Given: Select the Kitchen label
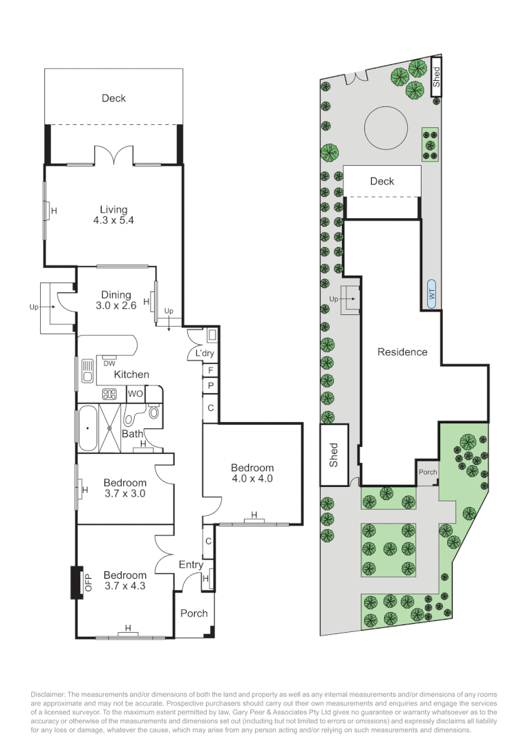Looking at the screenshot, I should pos(131,374).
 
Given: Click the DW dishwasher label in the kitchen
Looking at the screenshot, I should pos(109,363).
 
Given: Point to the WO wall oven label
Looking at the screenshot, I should pos(135,394).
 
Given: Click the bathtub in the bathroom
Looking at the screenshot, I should pos(88,428).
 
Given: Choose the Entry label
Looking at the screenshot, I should pos(191,565).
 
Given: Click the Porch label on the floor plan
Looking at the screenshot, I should pos(194,613).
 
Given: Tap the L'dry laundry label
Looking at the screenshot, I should pos(205,353).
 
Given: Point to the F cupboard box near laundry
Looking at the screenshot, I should pos(210,370).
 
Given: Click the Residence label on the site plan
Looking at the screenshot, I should pos(402,352).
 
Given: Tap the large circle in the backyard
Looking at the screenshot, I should pos(387,128).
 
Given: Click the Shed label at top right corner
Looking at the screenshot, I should pos(436,75).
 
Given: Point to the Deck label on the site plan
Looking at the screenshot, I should pos(381,181).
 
